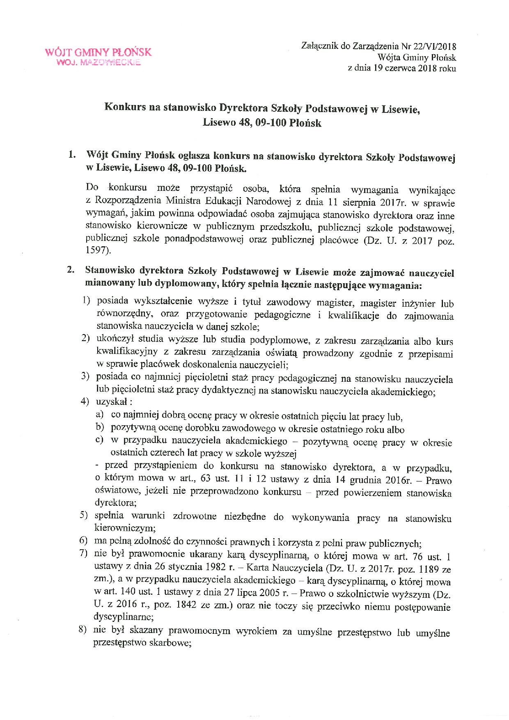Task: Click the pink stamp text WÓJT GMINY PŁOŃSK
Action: tap(98, 52)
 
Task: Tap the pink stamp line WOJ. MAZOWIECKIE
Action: tap(98, 63)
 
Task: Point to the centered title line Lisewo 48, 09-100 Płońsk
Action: tap(262, 123)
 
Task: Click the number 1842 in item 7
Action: tap(175, 607)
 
